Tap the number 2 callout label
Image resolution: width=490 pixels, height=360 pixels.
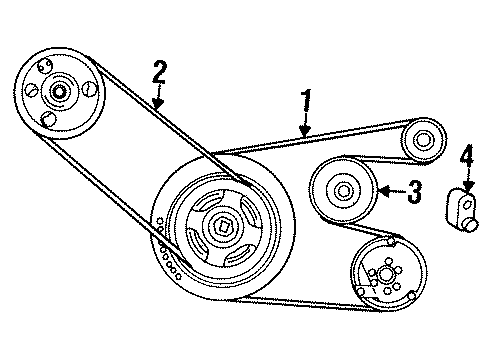pyautogui.click(x=157, y=72)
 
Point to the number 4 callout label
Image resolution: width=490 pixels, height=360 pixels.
pyautogui.click(x=465, y=158)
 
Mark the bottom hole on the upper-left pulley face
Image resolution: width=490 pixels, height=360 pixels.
pyautogui.click(x=48, y=120)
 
